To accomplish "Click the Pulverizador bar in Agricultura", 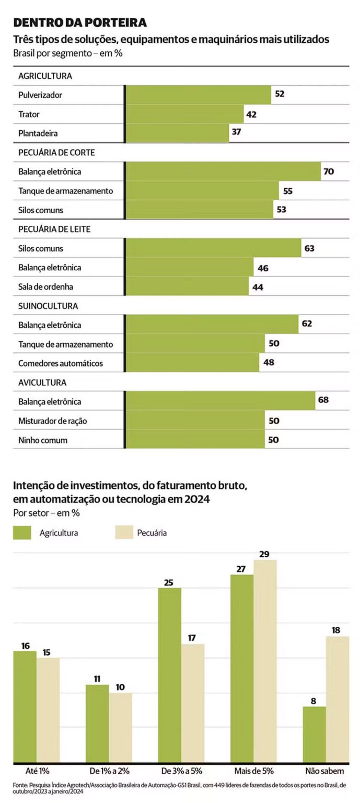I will tap(199, 95).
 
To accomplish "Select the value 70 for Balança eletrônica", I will tap(329, 171).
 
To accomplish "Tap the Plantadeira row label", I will tap(38, 133).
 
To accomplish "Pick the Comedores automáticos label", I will tap(61, 363).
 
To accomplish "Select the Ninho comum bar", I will tap(195, 440).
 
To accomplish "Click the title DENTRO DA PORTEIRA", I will tap(80, 22).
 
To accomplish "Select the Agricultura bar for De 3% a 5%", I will tap(170, 674).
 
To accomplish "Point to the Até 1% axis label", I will tap(36, 771).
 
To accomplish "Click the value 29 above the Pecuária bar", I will tap(264, 554).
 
